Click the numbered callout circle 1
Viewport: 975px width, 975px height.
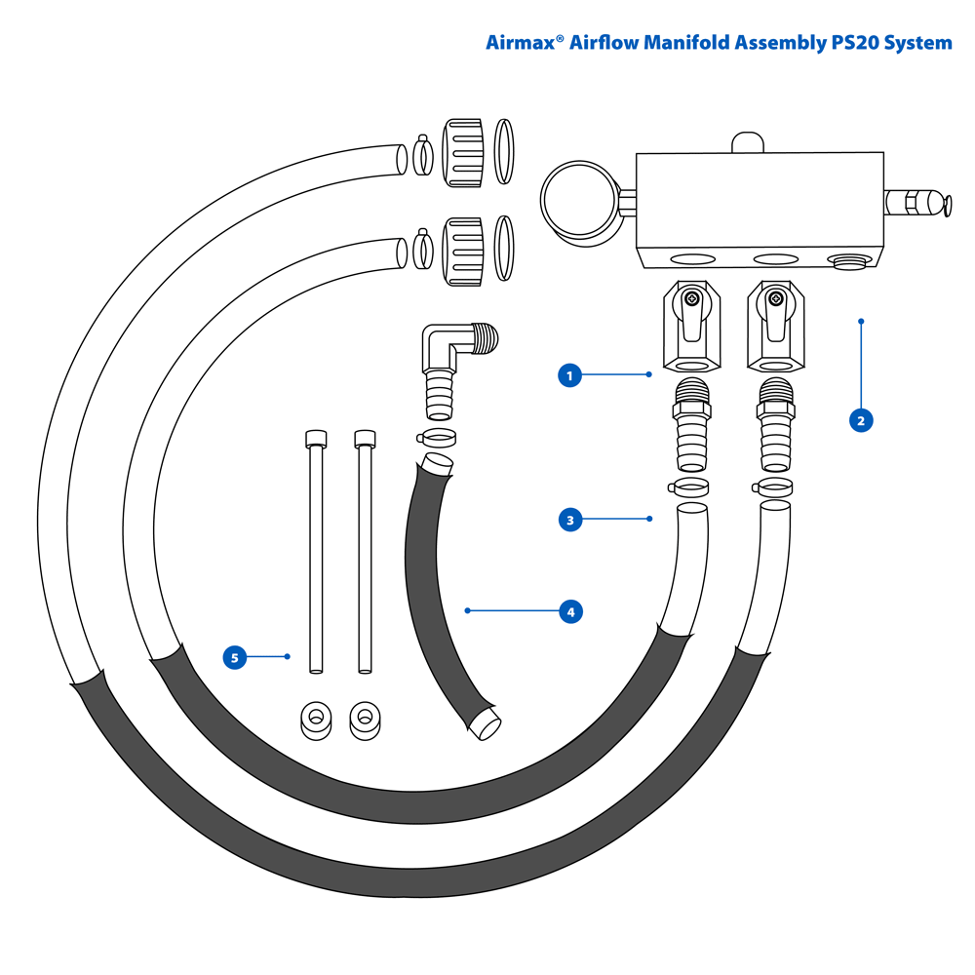pos(569,374)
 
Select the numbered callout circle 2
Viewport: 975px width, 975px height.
pos(860,420)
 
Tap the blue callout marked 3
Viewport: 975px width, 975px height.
pos(570,520)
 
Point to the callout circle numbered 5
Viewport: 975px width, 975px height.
pos(234,657)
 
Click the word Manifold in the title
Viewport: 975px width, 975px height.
pos(682,43)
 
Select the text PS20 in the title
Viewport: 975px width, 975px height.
pos(853,43)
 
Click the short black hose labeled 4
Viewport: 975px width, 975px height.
pos(444,604)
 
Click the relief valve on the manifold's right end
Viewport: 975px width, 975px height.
pos(916,204)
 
